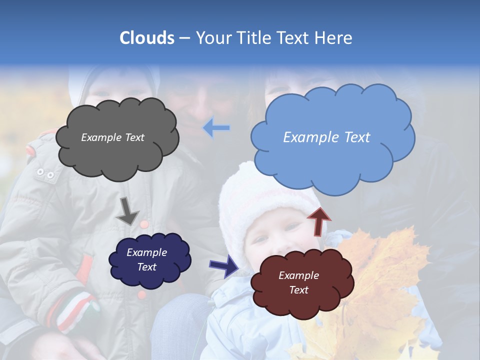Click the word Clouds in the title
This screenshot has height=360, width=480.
(147, 38)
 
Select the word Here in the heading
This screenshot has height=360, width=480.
(333, 38)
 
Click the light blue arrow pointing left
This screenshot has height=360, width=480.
(216, 128)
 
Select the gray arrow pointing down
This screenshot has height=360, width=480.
(127, 210)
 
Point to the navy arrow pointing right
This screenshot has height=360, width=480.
(224, 265)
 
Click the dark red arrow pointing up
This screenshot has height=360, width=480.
(319, 221)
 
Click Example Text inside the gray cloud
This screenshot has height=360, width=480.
(112, 137)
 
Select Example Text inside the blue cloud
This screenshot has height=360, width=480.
(326, 137)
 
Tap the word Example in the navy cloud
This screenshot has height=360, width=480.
(146, 253)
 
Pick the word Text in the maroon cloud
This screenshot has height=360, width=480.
(298, 290)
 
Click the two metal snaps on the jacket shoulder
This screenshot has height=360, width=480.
(45, 174)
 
